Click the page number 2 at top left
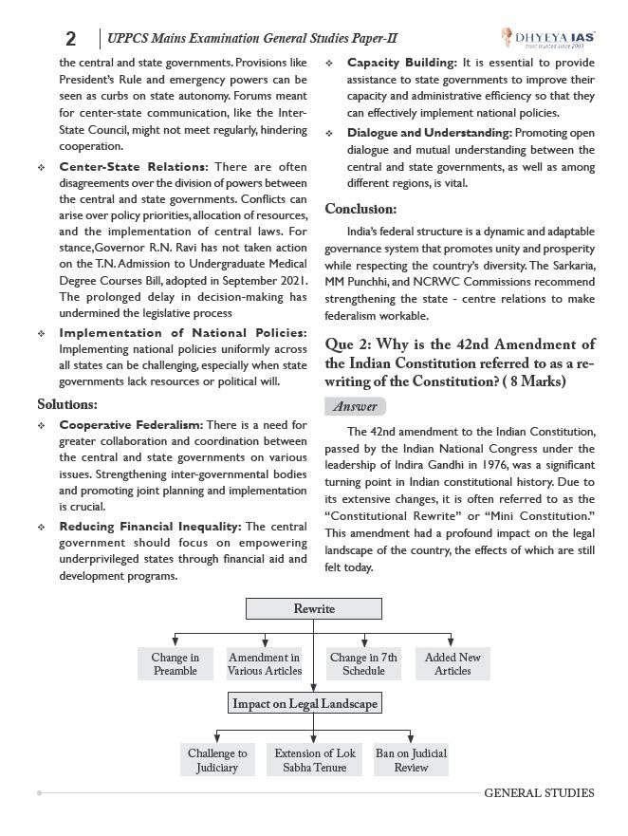[70, 38]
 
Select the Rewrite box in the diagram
[314, 608]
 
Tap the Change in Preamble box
[175, 664]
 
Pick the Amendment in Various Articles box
[264, 664]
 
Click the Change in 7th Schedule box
[363, 664]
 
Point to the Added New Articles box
[453, 664]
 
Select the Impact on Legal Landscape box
[305, 703]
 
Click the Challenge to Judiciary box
[217, 760]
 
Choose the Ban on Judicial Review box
[411, 760]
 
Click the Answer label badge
[356, 406]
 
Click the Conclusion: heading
[360, 209]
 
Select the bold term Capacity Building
[400, 63]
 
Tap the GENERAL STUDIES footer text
[539, 792]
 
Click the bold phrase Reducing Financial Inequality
[150, 526]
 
